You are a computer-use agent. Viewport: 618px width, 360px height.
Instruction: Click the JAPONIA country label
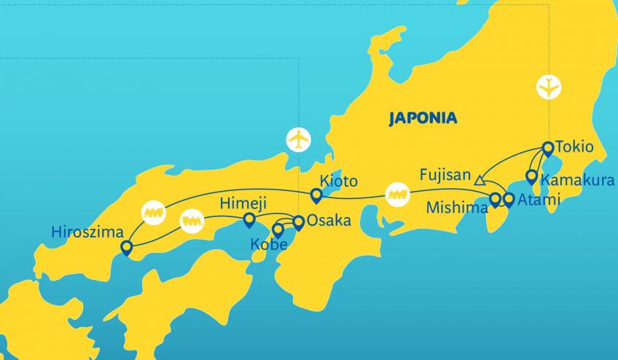423,118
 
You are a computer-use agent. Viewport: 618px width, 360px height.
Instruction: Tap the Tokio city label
574,147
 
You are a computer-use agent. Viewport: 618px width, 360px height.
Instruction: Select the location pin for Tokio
547,149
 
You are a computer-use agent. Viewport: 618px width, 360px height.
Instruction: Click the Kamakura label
576,179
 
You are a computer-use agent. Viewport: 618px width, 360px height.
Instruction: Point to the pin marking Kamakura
532,177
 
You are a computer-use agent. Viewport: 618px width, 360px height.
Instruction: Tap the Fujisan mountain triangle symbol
480,179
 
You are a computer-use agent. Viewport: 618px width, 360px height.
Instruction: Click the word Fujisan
445,176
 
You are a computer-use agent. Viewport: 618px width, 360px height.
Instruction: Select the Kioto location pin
316,195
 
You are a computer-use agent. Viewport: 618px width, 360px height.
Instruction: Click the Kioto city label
339,181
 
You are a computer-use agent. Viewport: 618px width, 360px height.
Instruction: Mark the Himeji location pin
249,219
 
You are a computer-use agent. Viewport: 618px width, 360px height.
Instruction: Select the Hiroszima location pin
127,249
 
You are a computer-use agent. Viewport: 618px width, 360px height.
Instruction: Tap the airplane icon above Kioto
298,138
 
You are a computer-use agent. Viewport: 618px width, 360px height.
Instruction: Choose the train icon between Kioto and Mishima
398,195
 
